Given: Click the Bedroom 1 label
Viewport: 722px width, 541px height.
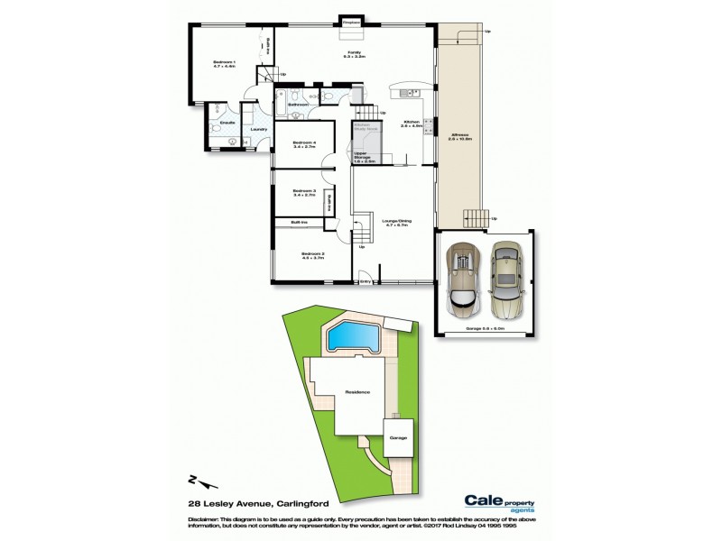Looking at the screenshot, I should tap(224, 64).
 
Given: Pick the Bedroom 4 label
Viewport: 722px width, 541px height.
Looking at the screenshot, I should tap(301, 145).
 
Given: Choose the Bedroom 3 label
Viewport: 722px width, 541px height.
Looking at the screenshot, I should tap(301, 191).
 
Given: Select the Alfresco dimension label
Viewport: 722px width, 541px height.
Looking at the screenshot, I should tap(459, 139).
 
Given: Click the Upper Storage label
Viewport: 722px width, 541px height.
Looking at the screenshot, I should tap(365, 157).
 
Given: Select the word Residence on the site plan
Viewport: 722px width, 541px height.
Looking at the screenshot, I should tap(357, 392).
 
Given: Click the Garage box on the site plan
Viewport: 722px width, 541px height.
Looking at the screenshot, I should tap(398, 438).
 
